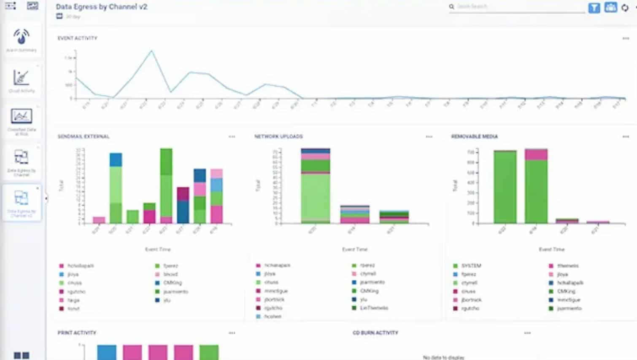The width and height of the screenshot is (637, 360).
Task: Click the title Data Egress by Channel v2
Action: coord(101,7)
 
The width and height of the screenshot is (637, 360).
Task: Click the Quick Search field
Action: coord(519,7)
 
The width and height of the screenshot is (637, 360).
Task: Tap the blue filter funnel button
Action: coord(594,8)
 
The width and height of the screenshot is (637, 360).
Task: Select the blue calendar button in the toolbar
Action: coord(610,8)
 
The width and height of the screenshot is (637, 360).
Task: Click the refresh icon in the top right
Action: coord(625,8)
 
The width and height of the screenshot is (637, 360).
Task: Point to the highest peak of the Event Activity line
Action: coord(151,51)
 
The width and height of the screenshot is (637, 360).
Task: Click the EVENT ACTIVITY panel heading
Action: coord(77,38)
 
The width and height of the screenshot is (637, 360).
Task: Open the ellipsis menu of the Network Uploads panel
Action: coord(429,137)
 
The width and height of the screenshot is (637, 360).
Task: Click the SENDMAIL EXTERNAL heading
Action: coord(84,137)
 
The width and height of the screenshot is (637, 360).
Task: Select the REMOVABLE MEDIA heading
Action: coord(474,137)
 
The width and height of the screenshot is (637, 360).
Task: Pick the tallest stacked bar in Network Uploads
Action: coord(316,185)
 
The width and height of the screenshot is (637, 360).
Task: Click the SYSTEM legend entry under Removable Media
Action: coord(471,266)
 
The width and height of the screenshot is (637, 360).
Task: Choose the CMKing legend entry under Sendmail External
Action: coord(172,283)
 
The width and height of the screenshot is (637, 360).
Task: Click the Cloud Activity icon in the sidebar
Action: coord(22,79)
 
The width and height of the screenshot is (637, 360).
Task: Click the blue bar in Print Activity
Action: coord(107,352)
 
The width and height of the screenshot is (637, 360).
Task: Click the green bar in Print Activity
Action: coord(209,352)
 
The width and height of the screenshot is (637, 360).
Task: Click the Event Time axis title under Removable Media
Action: coord(551,250)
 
